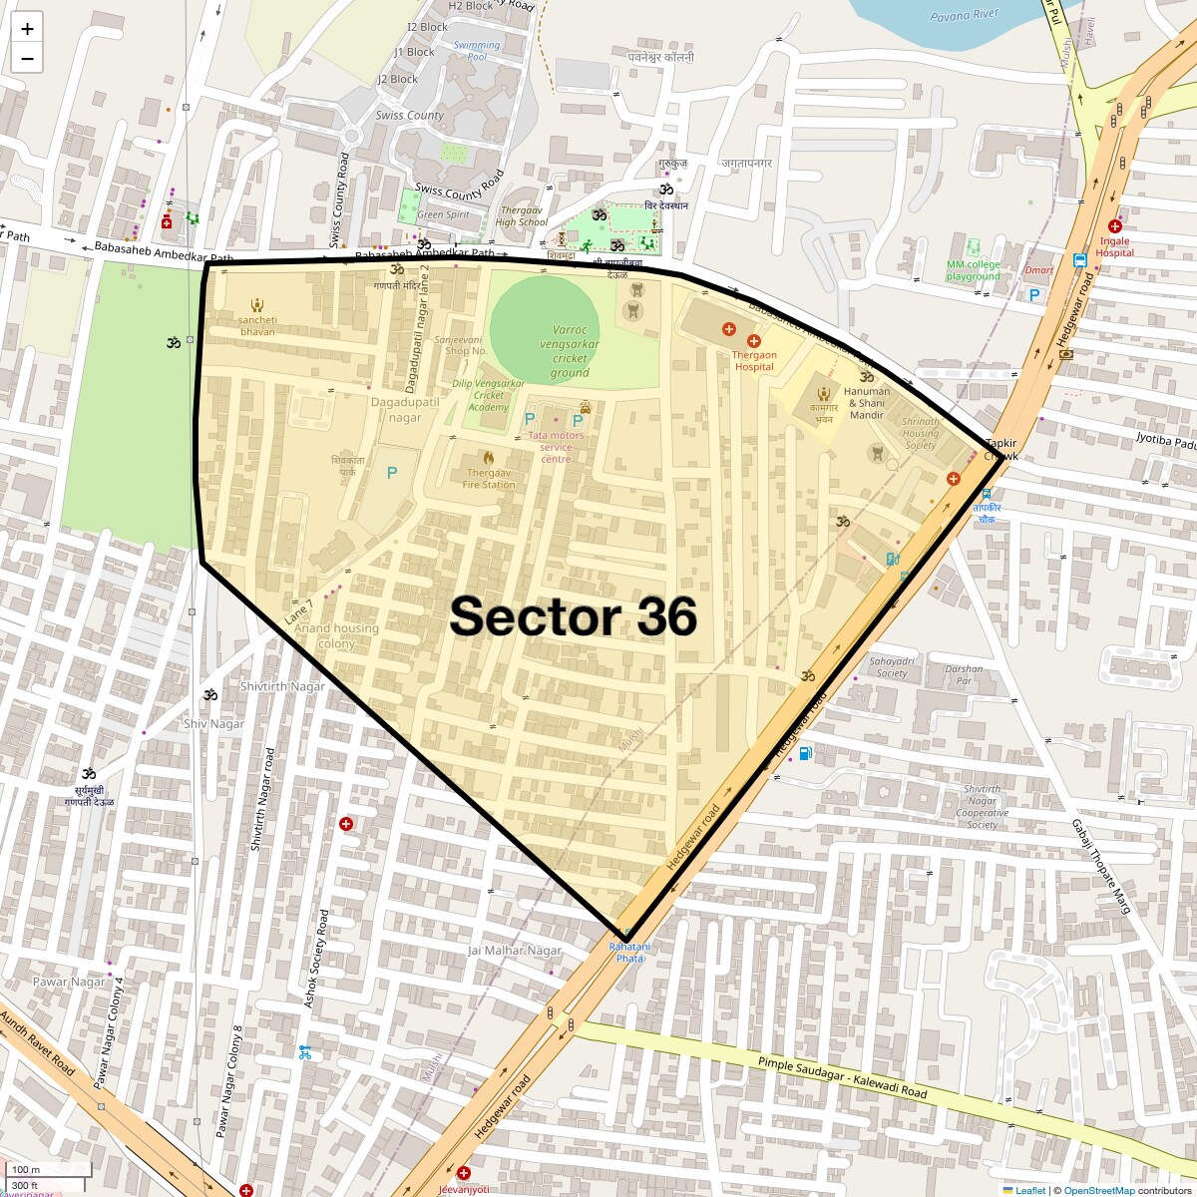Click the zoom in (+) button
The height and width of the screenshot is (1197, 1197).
(x=27, y=29)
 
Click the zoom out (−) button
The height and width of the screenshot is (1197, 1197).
(x=27, y=59)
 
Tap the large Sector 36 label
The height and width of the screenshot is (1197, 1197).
(x=573, y=616)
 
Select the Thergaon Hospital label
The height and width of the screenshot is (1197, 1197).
(x=754, y=360)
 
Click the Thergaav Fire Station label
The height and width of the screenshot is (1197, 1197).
(x=489, y=479)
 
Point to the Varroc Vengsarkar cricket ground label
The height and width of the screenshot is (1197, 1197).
(x=570, y=351)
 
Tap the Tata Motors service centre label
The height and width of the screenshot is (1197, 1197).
(x=557, y=447)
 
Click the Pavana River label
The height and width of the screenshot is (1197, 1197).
(x=965, y=16)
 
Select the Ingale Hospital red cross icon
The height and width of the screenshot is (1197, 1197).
(x=1114, y=226)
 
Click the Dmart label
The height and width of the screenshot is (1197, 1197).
(x=1039, y=270)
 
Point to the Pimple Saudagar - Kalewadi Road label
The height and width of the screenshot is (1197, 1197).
(x=843, y=1078)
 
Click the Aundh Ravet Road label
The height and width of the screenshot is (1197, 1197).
(x=38, y=1044)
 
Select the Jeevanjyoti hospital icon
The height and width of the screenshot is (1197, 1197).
(x=464, y=1173)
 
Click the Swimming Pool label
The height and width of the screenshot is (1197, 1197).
(x=477, y=51)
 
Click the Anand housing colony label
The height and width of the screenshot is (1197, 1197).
(x=336, y=635)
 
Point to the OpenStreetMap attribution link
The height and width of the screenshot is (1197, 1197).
(x=1098, y=1190)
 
